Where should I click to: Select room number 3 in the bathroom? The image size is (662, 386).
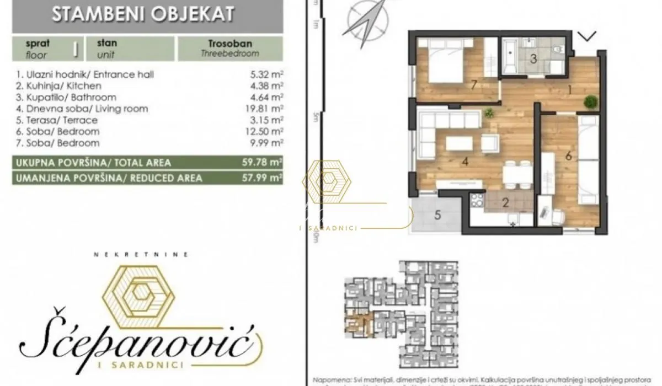(x=533, y=58)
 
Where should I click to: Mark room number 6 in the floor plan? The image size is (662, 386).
(x=569, y=156)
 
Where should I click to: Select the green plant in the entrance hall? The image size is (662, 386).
(x=591, y=101)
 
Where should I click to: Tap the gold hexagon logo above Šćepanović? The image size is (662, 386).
(x=141, y=292)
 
